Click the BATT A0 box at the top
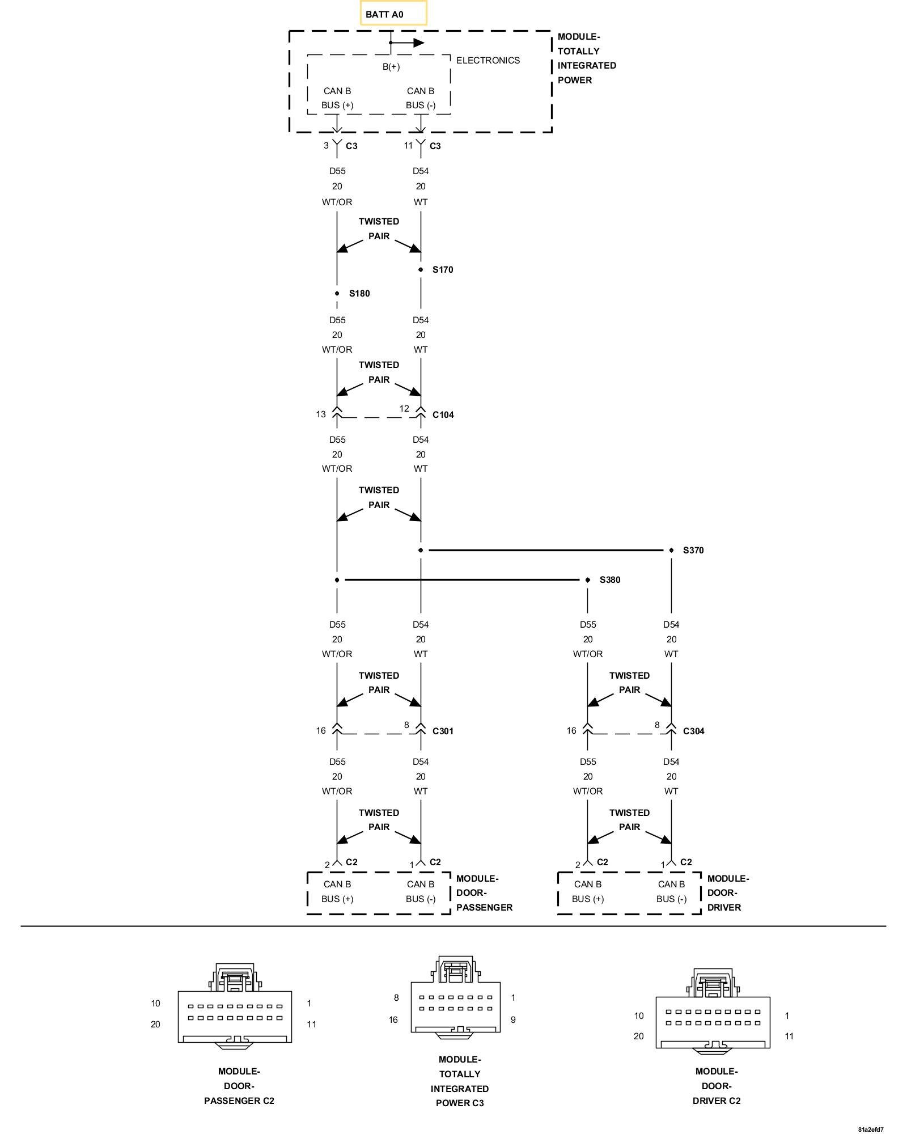click(x=393, y=14)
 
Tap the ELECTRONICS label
click(x=488, y=60)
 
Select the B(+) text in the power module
click(x=391, y=66)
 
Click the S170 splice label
click(x=442, y=269)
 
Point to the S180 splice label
click(x=359, y=293)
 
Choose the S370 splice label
click(x=693, y=550)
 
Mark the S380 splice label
click(x=609, y=579)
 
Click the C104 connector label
click(x=443, y=414)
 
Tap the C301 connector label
click(x=443, y=731)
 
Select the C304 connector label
click(x=693, y=731)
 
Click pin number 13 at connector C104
click(x=321, y=414)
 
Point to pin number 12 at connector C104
click(x=404, y=408)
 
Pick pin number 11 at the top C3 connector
click(x=408, y=145)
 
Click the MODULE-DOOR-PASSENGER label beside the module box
click(x=484, y=893)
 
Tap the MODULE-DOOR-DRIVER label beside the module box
click(x=727, y=893)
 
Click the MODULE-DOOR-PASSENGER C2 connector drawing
click(x=235, y=1010)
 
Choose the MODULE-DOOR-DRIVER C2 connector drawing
click(x=713, y=1018)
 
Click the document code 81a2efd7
click(x=870, y=1129)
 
